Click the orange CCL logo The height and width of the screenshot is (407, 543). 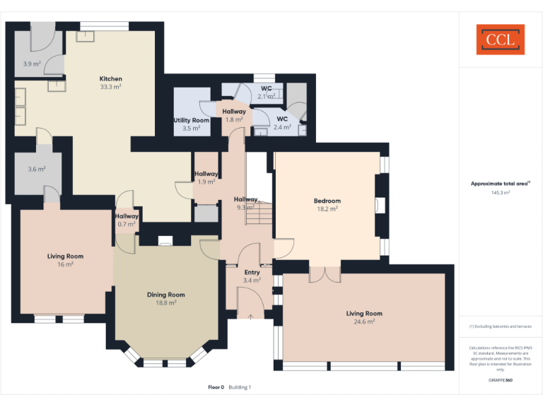[x=500, y=40]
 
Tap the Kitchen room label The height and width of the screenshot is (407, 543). [x=110, y=78]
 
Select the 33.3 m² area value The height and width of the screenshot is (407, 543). [x=110, y=87]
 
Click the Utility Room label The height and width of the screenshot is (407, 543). [x=191, y=120]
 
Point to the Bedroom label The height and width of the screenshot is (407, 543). [x=327, y=201]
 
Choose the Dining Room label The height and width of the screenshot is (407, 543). [x=166, y=295]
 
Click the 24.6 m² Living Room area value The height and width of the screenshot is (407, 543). [x=364, y=322]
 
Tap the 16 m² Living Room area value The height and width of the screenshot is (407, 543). [x=65, y=264]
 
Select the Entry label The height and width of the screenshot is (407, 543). [x=252, y=272]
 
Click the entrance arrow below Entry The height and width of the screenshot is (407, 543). [x=251, y=317]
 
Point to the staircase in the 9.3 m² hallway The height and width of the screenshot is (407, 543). [x=259, y=213]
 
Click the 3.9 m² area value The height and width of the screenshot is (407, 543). [x=32, y=64]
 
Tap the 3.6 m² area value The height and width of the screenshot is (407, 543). [x=36, y=169]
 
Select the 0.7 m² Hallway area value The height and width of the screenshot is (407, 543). [x=127, y=224]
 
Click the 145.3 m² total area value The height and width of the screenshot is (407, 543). [x=500, y=192]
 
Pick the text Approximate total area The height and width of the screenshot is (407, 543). [x=499, y=184]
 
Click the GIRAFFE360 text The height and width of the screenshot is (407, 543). [x=500, y=380]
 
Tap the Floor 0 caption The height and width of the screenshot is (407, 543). [x=216, y=387]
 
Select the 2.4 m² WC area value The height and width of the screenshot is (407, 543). [x=282, y=127]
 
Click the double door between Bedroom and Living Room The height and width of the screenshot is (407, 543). [x=325, y=273]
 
